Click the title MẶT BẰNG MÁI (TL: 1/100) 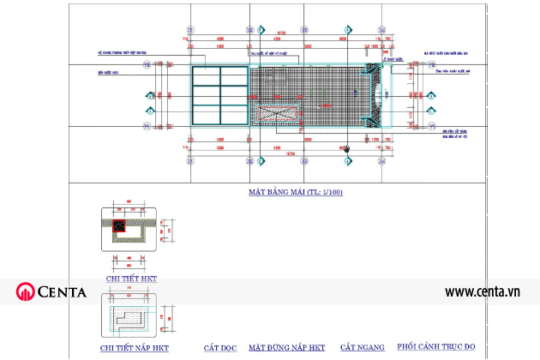(x=295, y=192)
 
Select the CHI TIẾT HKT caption (x=131, y=279)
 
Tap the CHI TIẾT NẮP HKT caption (x=135, y=349)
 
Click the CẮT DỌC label (x=219, y=348)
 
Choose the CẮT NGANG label (x=360, y=348)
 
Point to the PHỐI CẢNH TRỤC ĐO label (x=436, y=347)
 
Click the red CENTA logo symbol (x=24, y=292)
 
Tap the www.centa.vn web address (x=483, y=292)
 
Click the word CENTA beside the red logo (x=62, y=292)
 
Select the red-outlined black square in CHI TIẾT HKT (x=120, y=227)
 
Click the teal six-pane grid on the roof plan (x=219, y=97)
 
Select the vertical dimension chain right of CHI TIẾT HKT (x=170, y=230)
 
